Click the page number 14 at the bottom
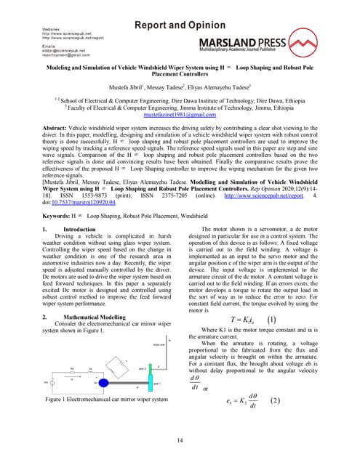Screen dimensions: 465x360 click(x=180, y=440)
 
